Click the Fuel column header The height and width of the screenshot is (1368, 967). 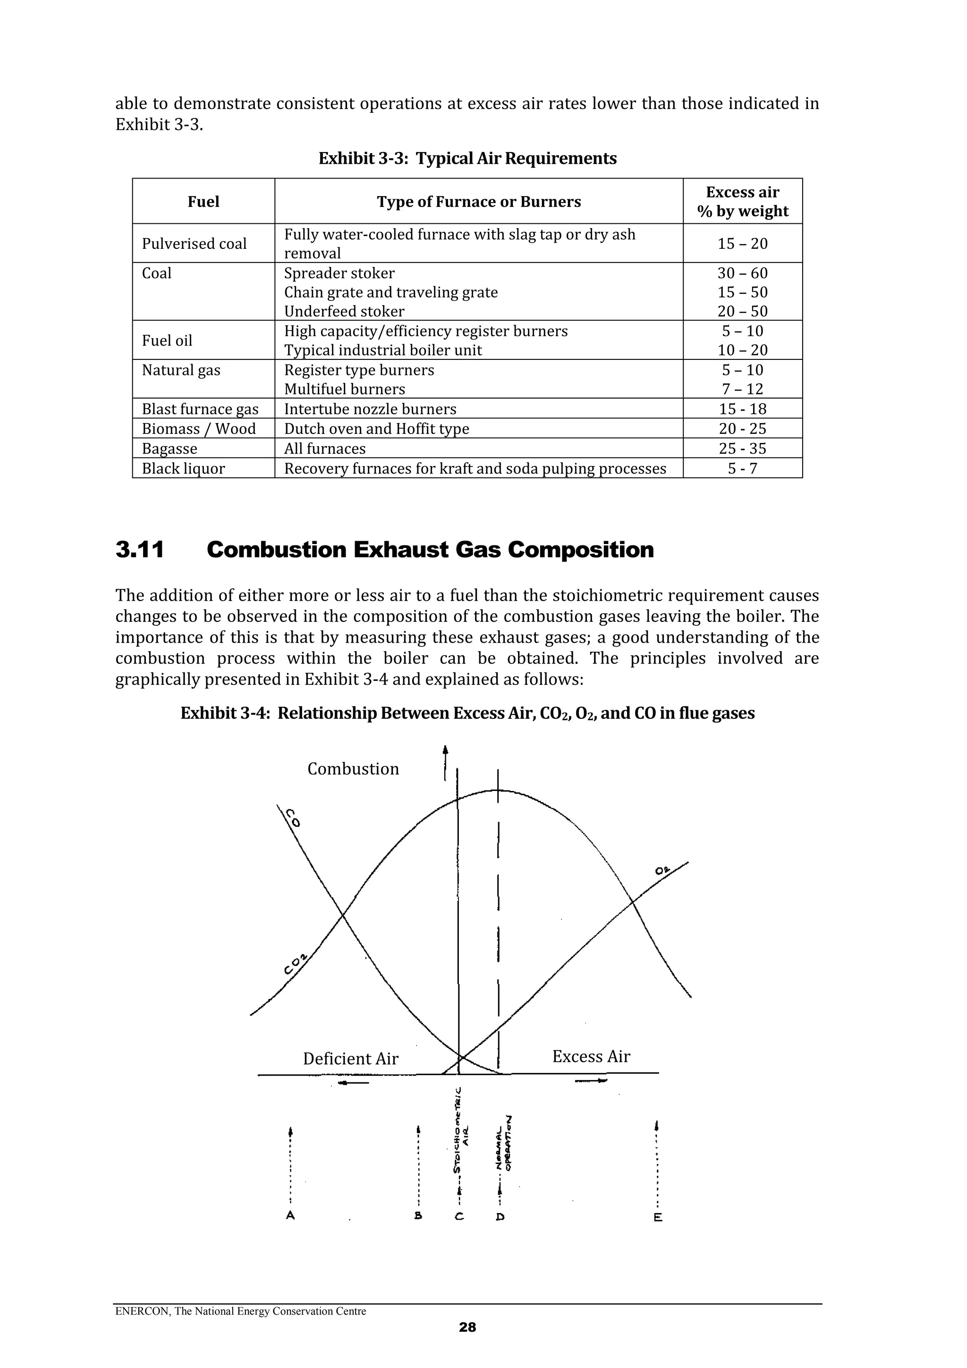[x=203, y=202]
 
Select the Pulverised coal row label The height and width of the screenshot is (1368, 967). [x=194, y=244]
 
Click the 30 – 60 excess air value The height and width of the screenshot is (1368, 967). [x=742, y=273]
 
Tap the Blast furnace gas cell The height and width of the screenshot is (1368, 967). [x=200, y=409]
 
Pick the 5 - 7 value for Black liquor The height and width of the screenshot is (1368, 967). [x=742, y=469]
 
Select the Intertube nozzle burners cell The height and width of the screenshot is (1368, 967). [x=370, y=409]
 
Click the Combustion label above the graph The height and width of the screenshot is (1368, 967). [x=353, y=769]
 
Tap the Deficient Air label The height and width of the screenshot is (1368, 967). [x=350, y=1059]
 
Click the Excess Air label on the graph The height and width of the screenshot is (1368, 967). [x=591, y=1056]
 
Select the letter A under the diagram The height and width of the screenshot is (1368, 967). [x=290, y=1215]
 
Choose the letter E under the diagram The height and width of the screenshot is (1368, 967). [x=658, y=1217]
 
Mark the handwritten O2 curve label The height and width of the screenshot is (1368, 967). [x=662, y=871]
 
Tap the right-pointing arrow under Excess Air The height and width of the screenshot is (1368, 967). [x=591, y=1080]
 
